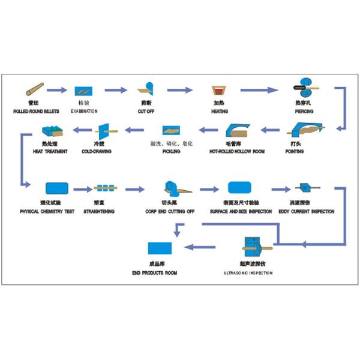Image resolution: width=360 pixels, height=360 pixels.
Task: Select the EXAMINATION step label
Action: (84, 112)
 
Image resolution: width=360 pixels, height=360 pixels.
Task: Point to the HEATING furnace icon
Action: (219, 91)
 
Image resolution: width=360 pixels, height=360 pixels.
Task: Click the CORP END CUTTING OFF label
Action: (170, 211)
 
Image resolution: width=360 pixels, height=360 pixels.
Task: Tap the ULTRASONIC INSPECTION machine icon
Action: (253, 247)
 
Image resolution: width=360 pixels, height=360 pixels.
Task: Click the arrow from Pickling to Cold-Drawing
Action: (133, 129)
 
